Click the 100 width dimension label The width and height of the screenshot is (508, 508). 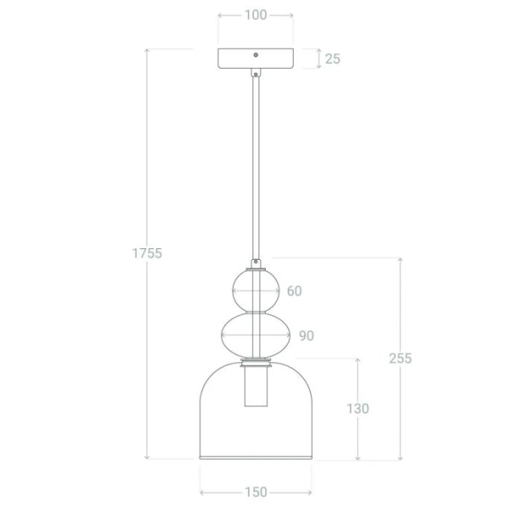(x=256, y=15)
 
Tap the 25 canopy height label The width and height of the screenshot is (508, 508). (x=333, y=58)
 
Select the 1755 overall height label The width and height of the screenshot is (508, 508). (x=147, y=253)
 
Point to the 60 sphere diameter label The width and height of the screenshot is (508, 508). (x=295, y=291)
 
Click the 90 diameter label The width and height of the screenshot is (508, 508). (x=306, y=335)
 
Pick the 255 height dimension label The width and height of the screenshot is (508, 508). (x=400, y=358)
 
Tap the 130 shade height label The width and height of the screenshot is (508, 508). (x=358, y=409)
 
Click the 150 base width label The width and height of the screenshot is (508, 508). (x=256, y=492)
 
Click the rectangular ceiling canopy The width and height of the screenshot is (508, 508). (x=256, y=58)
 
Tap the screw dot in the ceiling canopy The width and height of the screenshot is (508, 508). (x=256, y=55)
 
